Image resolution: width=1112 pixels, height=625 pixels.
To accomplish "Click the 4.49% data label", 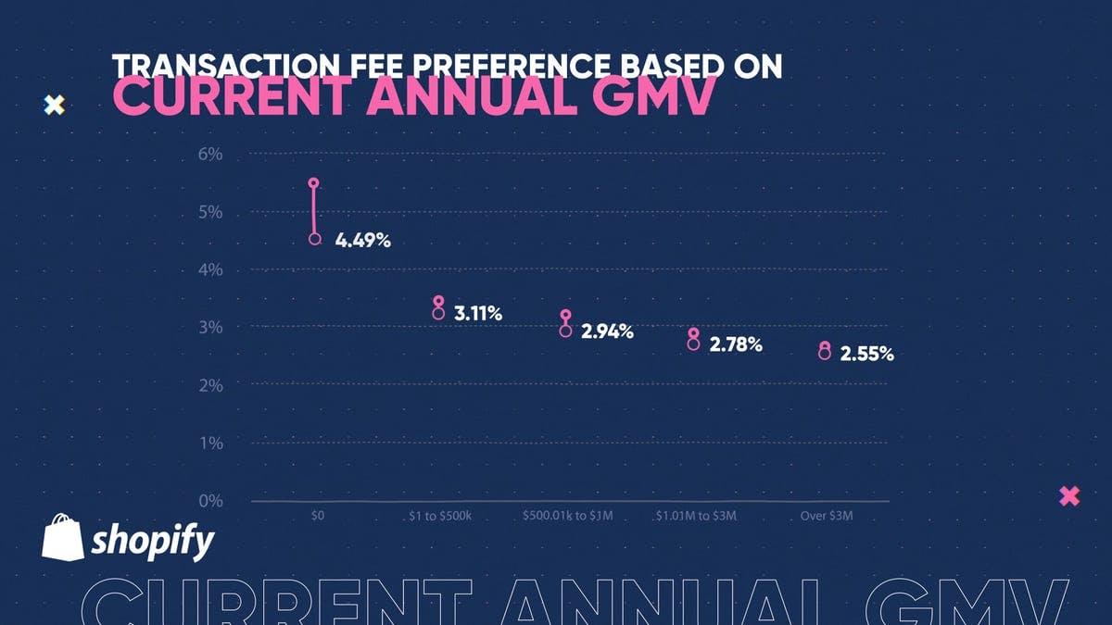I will (x=363, y=241).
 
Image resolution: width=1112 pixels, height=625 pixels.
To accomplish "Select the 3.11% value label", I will (x=478, y=315).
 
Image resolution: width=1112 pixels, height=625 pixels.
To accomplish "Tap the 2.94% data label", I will (x=607, y=331).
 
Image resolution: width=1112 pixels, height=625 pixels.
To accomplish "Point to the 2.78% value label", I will (x=736, y=345).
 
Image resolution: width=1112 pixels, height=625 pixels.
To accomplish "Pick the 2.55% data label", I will (x=866, y=354).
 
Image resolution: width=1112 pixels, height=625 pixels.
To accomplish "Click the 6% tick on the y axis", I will (x=209, y=155).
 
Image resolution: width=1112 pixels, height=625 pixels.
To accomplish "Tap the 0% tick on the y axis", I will (x=209, y=501).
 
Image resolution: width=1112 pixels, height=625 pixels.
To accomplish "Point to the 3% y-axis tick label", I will (x=209, y=328).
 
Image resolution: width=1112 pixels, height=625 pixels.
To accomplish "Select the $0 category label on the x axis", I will (x=317, y=516).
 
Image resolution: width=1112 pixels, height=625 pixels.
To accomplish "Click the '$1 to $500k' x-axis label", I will (x=441, y=516).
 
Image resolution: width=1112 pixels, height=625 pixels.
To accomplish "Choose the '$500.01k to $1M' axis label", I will (x=567, y=516).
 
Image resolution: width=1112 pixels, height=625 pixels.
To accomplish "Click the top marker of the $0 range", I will (x=314, y=183).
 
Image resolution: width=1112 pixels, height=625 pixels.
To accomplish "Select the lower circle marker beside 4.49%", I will (x=315, y=239).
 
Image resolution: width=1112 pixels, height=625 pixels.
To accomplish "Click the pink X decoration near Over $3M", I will (x=1069, y=496).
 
